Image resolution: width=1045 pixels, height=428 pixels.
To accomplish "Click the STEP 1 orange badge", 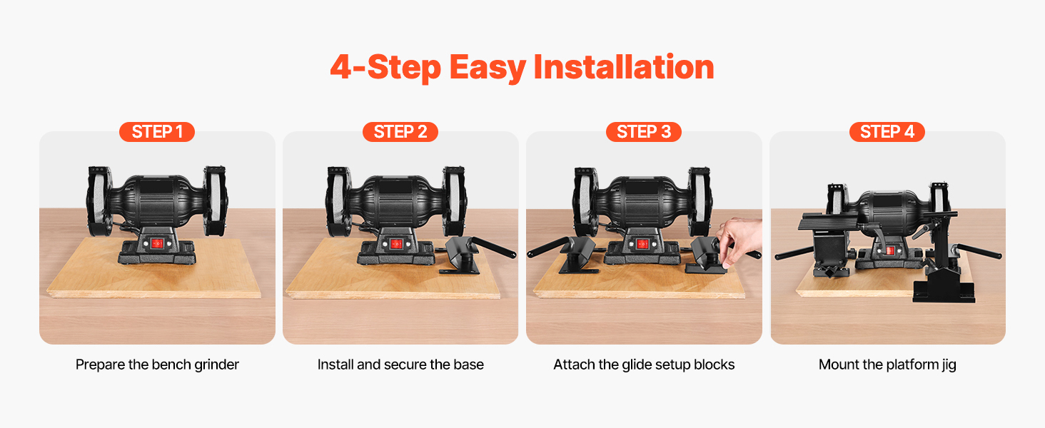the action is pos(157,132).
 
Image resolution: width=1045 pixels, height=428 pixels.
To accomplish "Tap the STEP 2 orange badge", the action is pos(400,132).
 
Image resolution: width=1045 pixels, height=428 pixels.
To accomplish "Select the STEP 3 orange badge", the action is pos(644,132).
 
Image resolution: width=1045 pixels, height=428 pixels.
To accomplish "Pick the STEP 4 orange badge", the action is pos(887,132).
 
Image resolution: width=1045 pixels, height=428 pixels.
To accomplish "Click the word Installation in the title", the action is pos(624,67).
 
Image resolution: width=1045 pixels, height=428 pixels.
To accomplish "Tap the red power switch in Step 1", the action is pos(157,243).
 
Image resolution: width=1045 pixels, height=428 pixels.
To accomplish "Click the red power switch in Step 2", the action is pos(396,243).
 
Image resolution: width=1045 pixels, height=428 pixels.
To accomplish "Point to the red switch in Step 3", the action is pos(642,244).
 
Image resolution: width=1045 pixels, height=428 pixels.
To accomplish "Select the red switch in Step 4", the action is pos(890,251).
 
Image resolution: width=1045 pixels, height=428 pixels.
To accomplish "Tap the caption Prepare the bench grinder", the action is pos(157,365).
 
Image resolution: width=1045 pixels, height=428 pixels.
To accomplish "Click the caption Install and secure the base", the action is pos(400,365).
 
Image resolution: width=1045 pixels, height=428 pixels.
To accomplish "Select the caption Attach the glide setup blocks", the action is pos(644,365).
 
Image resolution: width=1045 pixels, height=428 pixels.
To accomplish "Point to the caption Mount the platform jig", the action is pos(887,365).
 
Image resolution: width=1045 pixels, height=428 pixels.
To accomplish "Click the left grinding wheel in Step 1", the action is pos(99,201).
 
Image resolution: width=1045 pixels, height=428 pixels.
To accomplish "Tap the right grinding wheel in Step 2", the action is pos(454,201).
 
